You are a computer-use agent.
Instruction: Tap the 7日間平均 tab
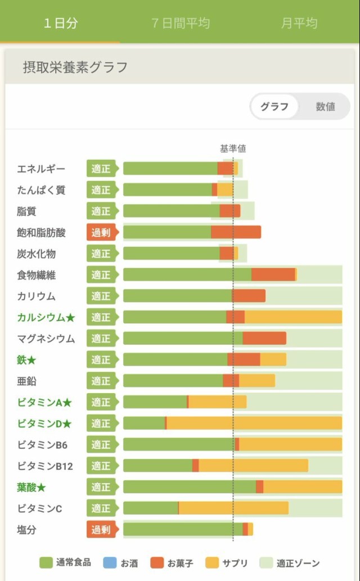click(x=180, y=23)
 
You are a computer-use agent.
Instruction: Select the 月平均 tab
click(x=299, y=23)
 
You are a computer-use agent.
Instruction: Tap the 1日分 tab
click(x=61, y=23)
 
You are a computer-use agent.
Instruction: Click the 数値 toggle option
click(x=325, y=107)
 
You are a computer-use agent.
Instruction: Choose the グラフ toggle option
click(x=274, y=107)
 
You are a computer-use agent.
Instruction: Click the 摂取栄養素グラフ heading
click(x=75, y=67)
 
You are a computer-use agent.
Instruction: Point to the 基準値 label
click(x=232, y=148)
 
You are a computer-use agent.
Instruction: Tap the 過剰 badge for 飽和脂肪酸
click(x=101, y=232)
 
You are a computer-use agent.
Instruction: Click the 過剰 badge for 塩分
click(x=101, y=529)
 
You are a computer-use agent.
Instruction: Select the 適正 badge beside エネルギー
click(x=101, y=169)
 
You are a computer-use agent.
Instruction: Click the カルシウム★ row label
click(x=46, y=317)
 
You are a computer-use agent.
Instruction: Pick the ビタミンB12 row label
click(x=45, y=466)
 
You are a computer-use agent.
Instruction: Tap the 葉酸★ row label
click(x=31, y=487)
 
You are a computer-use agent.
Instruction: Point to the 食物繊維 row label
click(x=36, y=275)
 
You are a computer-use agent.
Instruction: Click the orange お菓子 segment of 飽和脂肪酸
click(x=236, y=232)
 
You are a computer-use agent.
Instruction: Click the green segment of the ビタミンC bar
click(x=150, y=508)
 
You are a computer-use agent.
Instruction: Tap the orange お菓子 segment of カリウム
click(x=249, y=296)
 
